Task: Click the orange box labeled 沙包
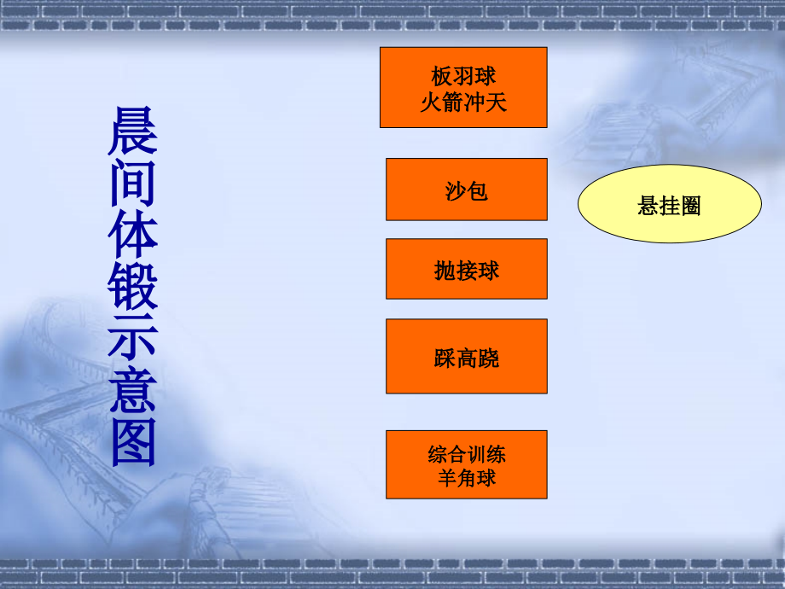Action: click(x=466, y=190)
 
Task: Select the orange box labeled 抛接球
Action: click(x=466, y=269)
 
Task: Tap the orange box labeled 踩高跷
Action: click(x=466, y=356)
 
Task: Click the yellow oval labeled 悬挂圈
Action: click(x=669, y=204)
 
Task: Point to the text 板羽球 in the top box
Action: click(x=463, y=77)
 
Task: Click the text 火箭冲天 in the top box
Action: click(x=463, y=103)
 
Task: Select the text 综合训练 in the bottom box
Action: click(x=467, y=453)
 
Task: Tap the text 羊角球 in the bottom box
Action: click(x=467, y=477)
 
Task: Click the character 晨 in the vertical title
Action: click(x=133, y=131)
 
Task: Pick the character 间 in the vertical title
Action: click(x=133, y=183)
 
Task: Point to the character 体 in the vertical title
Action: click(x=133, y=234)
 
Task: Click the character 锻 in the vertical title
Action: click(x=133, y=287)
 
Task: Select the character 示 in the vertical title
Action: click(x=133, y=338)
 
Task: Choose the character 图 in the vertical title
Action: click(x=133, y=441)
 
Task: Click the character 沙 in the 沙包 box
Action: click(x=456, y=190)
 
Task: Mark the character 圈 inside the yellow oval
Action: click(x=690, y=206)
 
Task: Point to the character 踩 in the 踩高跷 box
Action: click(x=445, y=358)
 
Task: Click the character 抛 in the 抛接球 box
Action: click(x=445, y=271)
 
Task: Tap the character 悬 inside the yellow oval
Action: click(x=648, y=206)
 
